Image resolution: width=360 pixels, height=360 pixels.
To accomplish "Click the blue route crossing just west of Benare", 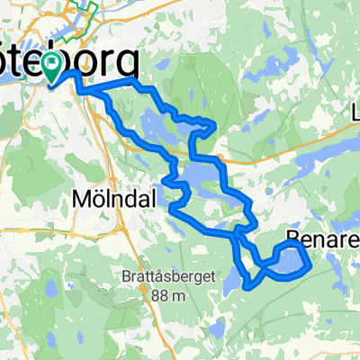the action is [262, 265].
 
